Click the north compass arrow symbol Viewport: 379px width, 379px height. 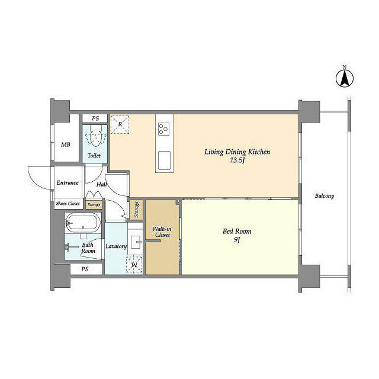tap(345, 78)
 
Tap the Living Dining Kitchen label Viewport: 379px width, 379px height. tap(237, 152)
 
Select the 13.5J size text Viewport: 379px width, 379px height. tap(237, 160)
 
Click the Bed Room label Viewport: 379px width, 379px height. tap(237, 232)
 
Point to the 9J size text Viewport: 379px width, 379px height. tap(237, 240)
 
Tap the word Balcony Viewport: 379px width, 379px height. tap(325, 196)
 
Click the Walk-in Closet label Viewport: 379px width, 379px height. tap(162, 232)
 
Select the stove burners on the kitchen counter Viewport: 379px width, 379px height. tap(164, 129)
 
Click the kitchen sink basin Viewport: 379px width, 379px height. tap(165, 160)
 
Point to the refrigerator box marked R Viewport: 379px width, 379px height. tap(120, 124)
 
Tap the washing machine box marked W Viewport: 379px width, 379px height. tap(134, 265)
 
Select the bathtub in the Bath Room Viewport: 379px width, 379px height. tap(83, 223)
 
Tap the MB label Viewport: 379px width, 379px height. tap(66, 144)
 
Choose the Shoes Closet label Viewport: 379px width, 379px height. tap(68, 204)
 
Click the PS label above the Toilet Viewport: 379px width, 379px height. tap(95, 118)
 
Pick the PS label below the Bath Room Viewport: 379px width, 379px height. tap(85, 269)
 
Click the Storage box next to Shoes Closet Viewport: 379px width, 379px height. tap(94, 205)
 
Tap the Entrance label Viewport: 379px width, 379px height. tap(68, 183)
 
